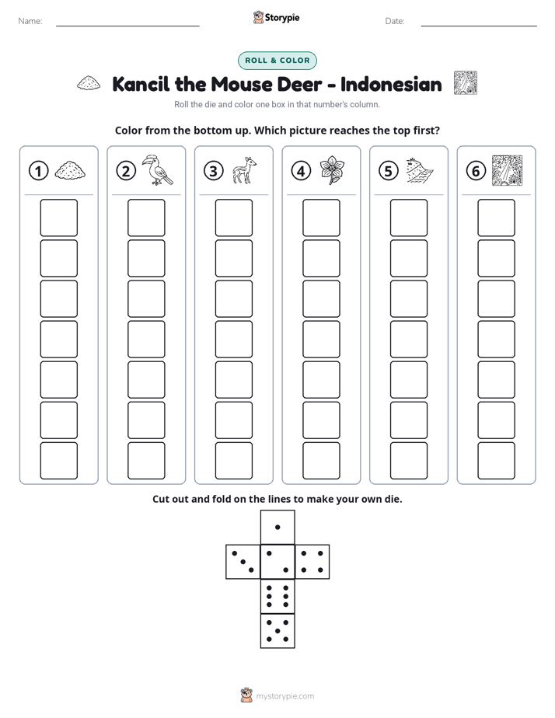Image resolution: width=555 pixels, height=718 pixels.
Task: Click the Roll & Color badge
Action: [x=277, y=61]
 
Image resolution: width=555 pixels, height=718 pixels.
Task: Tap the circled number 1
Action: [x=38, y=171]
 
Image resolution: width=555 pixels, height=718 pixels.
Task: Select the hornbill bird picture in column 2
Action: [x=156, y=170]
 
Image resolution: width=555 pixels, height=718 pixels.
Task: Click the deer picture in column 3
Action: [x=244, y=170]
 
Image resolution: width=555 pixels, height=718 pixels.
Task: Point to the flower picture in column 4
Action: [x=332, y=170]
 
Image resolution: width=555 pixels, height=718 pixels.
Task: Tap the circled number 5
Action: [x=389, y=171]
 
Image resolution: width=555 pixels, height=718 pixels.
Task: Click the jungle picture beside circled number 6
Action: [x=507, y=170]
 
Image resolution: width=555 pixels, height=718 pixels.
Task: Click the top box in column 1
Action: [x=58, y=218]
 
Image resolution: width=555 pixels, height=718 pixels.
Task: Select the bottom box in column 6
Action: [x=496, y=461]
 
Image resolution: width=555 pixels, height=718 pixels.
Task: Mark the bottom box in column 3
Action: [x=233, y=461]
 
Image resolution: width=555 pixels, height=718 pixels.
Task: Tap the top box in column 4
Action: [x=321, y=218]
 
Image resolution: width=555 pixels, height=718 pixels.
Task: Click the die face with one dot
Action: [x=277, y=528]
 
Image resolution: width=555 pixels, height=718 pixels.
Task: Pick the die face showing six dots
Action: [x=277, y=596]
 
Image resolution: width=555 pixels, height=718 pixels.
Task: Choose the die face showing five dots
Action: [x=277, y=630]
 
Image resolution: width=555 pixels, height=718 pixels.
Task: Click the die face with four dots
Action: [x=312, y=562]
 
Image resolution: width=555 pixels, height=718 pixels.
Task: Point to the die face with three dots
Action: [x=243, y=562]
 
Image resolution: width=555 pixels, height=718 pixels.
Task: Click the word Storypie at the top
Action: [x=282, y=18]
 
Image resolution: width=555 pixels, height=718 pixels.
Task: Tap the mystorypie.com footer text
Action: [x=284, y=696]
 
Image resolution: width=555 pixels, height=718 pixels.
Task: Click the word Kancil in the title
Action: [x=141, y=84]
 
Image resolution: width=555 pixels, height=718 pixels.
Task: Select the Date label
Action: [x=395, y=21]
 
